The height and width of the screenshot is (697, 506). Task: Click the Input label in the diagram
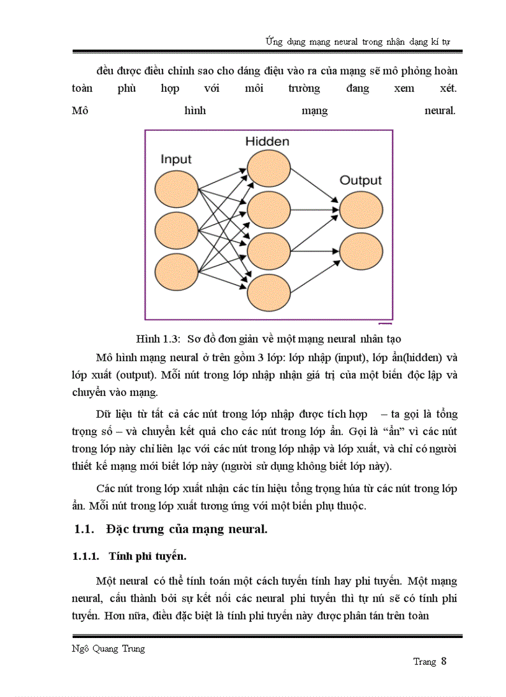click(176, 160)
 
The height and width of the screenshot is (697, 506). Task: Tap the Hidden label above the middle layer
click(267, 142)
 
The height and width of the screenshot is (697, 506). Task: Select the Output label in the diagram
click(360, 181)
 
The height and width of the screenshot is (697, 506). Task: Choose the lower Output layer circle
click(361, 251)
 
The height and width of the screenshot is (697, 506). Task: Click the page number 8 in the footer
click(444, 661)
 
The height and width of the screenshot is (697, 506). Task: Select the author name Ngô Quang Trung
click(109, 649)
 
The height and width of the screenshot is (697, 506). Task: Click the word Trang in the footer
click(425, 662)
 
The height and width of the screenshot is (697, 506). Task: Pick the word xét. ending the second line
click(446, 88)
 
